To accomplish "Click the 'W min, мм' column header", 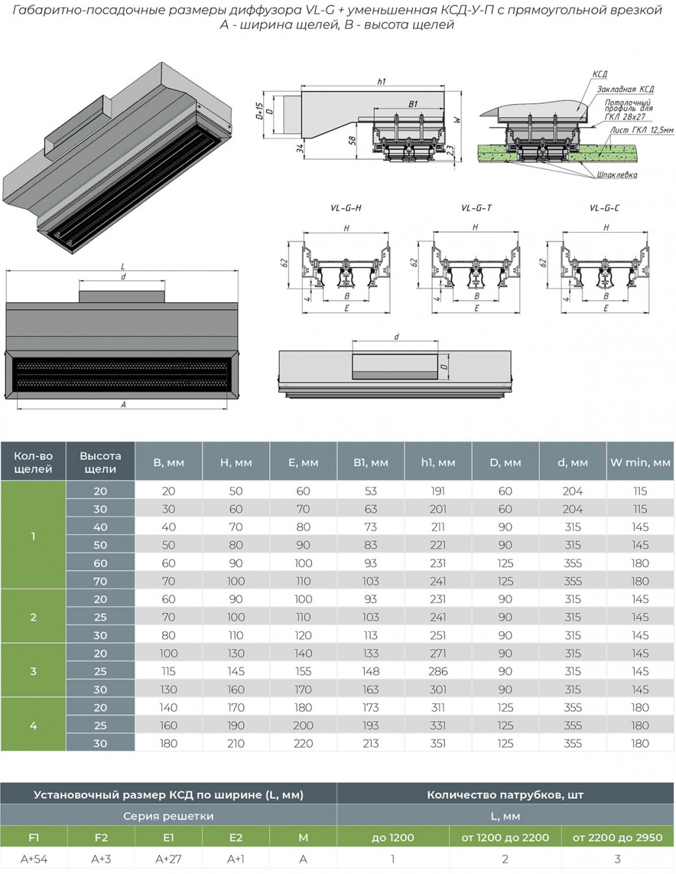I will coord(640,462).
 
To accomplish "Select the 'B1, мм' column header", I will coord(371,462).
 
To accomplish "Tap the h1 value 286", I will coord(438,671).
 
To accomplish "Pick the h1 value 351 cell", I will coord(438,743).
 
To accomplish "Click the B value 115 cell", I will coord(168,671).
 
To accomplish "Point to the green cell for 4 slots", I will coord(33,725).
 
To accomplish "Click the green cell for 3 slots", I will coord(33,671).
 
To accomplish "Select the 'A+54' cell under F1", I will coord(34,859).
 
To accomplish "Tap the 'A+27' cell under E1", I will coord(168,859).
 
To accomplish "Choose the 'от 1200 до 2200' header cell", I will coord(505,837).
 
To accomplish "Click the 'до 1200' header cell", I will coord(393,837).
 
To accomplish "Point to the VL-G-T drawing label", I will coord(476,208).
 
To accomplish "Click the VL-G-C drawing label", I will coord(604,208).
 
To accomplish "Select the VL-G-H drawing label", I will coord(345,208).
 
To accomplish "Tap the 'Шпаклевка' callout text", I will coord(617,175).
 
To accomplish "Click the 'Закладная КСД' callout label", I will coord(625,89).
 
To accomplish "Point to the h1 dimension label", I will coord(381,82).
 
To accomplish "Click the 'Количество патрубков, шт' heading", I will coord(505,794).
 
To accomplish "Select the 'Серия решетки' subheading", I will coord(168,816).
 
